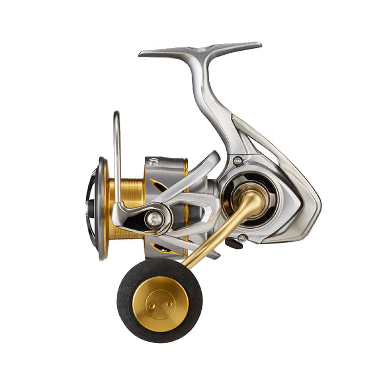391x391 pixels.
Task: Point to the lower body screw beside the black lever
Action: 242,238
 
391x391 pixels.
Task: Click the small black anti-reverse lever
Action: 234,243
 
